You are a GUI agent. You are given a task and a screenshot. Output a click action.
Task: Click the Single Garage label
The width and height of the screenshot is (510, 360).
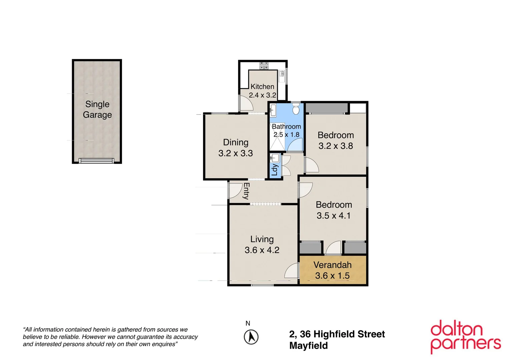[97, 109]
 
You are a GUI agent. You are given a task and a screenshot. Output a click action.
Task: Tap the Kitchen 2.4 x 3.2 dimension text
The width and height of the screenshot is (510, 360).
[263, 95]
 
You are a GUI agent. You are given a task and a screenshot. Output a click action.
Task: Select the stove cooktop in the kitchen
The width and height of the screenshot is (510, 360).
[264, 66]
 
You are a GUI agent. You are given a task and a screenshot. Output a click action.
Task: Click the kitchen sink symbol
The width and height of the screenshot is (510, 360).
[282, 74]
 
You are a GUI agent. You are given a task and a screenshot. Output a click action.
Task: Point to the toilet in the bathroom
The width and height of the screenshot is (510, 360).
[296, 109]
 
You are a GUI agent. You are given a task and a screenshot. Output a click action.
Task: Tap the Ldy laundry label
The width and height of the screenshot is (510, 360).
[275, 170]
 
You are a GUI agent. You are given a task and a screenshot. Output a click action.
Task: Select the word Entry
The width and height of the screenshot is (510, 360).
[246, 191]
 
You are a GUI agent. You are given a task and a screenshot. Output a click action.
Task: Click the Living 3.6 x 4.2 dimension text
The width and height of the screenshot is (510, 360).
[262, 250]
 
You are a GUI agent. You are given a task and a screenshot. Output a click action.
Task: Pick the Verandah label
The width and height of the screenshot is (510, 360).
[333, 265]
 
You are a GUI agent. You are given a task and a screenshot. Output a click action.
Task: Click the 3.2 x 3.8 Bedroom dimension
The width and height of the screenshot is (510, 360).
[336, 146]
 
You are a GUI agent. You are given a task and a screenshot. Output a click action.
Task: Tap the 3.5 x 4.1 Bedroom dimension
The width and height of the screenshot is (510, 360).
[334, 216]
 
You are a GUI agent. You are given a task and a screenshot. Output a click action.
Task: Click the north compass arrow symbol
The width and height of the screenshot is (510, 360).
[251, 337]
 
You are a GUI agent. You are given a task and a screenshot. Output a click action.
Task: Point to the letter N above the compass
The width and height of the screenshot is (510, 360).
[248, 323]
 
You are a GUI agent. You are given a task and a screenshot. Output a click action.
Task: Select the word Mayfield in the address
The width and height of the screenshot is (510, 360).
[309, 346]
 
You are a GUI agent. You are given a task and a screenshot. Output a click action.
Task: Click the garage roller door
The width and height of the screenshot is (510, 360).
[96, 161]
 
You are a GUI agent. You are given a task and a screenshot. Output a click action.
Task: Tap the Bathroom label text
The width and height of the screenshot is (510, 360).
[286, 127]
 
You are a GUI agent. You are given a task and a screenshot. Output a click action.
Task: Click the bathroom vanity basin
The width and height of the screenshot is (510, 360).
[273, 110]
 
